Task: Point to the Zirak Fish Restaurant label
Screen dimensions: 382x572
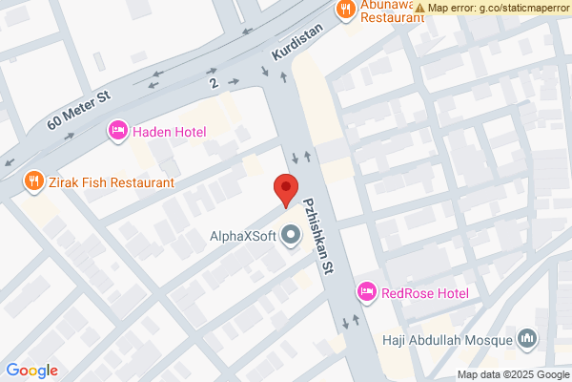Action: pos(112,181)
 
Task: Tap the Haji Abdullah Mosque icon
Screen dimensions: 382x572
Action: pos(527,338)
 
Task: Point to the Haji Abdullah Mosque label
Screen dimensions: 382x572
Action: pos(447,339)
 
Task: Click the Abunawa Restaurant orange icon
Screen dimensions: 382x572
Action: pos(345,10)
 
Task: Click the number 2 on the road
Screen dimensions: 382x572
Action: pos(214,84)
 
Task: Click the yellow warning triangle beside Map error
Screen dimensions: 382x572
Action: pos(420,8)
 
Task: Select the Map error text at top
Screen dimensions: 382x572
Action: pos(499,8)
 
